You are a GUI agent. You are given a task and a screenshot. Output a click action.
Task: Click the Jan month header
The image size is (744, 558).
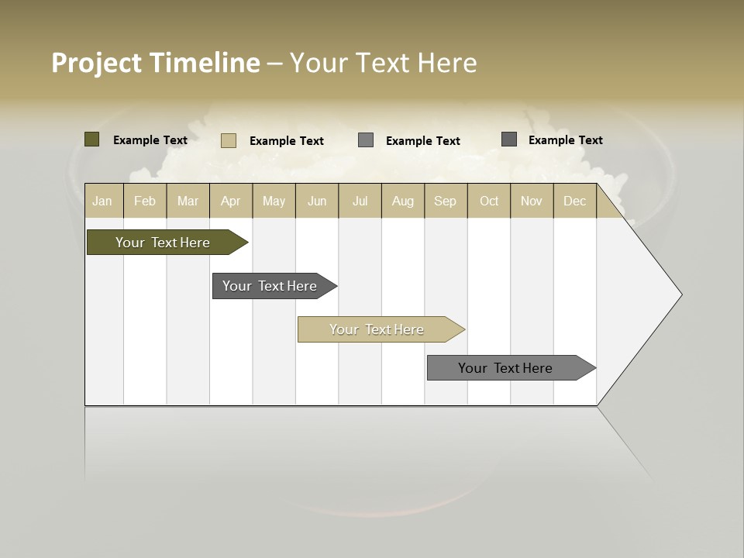(102, 201)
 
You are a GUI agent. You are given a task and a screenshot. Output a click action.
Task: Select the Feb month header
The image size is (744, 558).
(145, 201)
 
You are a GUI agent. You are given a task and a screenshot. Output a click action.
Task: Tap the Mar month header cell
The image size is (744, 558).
(188, 201)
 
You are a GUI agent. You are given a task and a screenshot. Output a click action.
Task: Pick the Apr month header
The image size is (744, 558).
(231, 201)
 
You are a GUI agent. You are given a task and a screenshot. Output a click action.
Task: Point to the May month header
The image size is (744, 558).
(274, 201)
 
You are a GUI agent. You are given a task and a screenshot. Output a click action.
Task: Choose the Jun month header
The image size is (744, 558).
(317, 201)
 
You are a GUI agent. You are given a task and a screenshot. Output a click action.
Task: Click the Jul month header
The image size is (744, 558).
(360, 201)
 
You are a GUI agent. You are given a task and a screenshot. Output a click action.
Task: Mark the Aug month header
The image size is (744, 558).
(403, 201)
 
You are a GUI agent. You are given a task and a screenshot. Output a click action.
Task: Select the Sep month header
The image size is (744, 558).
(446, 201)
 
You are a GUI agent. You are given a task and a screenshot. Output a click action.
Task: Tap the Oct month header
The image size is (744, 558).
(489, 201)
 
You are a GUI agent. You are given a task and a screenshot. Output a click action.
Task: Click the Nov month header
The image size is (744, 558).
(532, 201)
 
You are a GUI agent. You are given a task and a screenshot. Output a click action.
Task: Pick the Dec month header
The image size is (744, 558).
(575, 201)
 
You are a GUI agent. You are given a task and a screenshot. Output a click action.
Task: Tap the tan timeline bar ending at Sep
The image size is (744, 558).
(377, 329)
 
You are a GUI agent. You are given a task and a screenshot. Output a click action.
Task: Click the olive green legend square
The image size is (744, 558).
(91, 139)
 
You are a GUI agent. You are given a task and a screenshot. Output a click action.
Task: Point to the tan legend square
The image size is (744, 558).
(228, 140)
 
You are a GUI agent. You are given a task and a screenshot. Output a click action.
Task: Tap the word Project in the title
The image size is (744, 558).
(96, 63)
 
